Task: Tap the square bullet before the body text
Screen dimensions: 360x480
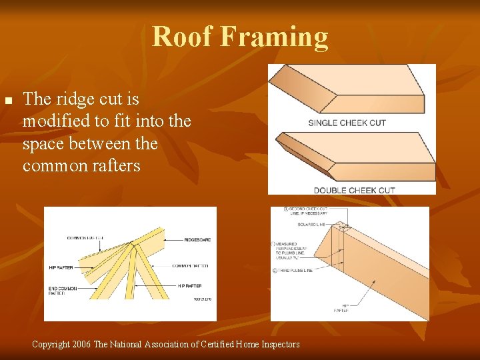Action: pos(8,101)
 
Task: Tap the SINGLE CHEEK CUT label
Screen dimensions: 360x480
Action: pos(347,123)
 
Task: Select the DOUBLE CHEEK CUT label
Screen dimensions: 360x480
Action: pos(354,190)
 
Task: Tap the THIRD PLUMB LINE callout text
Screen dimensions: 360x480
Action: pos(293,270)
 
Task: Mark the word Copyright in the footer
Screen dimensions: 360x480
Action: pos(50,344)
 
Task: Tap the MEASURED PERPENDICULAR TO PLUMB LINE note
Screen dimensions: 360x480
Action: pos(293,251)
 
